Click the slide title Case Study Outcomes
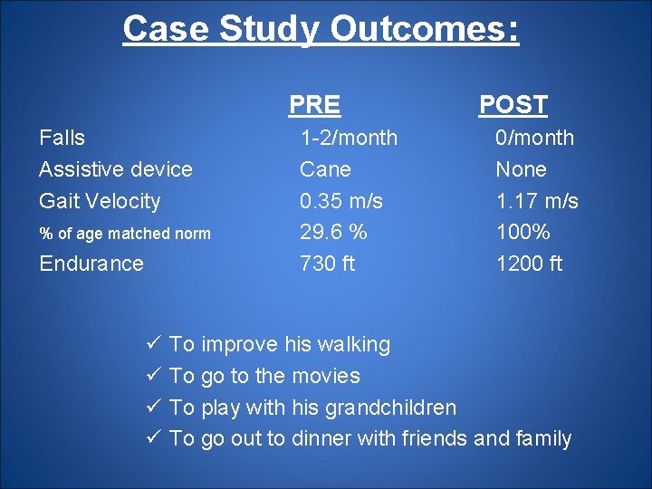click(321, 29)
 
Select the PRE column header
click(314, 105)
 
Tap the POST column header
click(513, 105)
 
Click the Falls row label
click(62, 138)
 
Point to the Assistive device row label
click(116, 169)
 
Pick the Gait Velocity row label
click(100, 201)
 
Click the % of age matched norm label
click(125, 234)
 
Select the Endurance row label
click(91, 264)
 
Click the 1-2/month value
click(349, 138)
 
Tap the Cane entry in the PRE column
click(325, 169)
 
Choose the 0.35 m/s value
click(341, 201)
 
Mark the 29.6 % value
click(333, 232)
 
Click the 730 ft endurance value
click(327, 264)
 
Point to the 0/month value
click(534, 138)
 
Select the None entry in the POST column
click(521, 169)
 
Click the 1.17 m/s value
click(536, 201)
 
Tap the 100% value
click(523, 232)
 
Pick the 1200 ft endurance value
click(528, 264)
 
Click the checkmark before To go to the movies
click(152, 376)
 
